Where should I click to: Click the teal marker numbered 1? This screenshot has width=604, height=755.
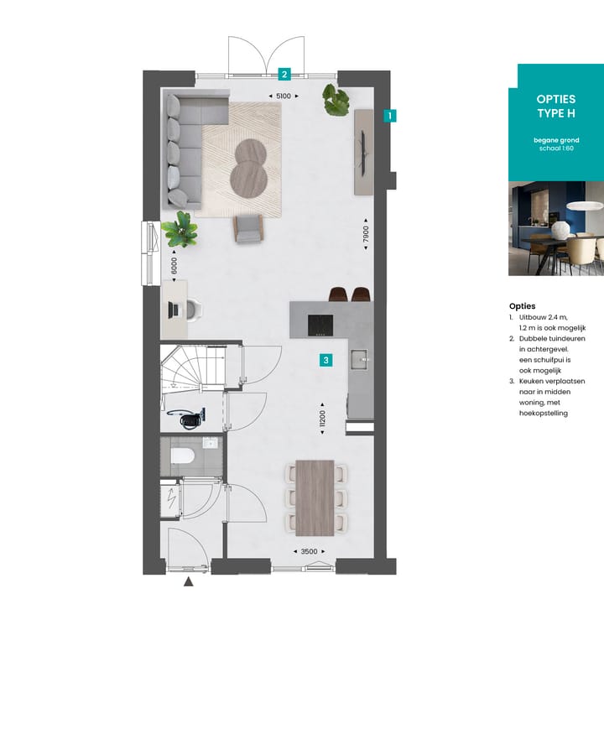[x=389, y=116]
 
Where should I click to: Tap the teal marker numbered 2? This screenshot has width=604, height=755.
[x=284, y=74]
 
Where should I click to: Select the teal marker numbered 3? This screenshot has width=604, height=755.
[x=326, y=360]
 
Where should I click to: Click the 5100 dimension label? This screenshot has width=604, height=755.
[x=284, y=96]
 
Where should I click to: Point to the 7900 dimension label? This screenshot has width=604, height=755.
[x=366, y=234]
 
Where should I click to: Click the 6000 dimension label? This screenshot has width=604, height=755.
[x=174, y=266]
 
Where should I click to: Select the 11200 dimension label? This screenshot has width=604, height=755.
[x=322, y=419]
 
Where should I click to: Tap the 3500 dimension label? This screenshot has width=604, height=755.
[x=310, y=551]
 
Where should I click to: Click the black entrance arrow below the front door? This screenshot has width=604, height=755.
[x=189, y=581]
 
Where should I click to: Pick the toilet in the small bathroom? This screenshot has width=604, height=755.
[x=182, y=455]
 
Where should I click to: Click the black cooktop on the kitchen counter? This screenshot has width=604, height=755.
[x=320, y=325]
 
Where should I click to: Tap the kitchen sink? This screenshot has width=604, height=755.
[x=359, y=359]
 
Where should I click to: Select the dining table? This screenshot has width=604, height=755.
[x=315, y=497]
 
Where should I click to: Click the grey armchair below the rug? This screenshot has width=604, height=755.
[x=248, y=228]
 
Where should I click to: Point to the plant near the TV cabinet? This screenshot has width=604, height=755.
[x=336, y=100]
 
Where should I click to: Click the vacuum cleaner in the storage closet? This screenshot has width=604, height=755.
[x=187, y=418]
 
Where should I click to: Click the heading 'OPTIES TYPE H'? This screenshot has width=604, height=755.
[x=556, y=106]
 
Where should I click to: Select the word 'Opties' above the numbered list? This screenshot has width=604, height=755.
[x=522, y=305]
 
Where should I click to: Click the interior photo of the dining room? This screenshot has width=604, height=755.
[x=556, y=228]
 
